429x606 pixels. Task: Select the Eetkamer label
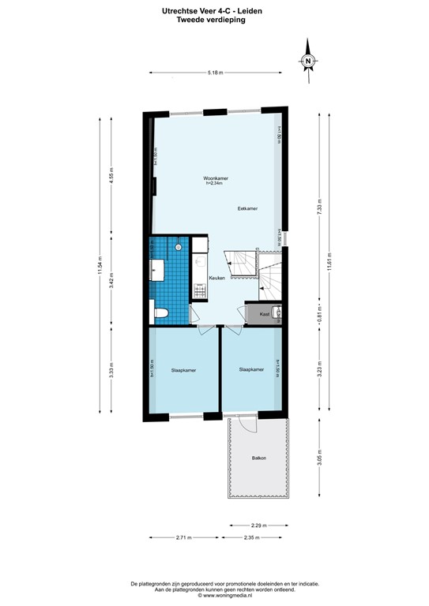coord(248,208)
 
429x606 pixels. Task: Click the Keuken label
coord(216,278)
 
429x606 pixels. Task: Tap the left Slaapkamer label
coord(183,369)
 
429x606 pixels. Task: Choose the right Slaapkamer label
coord(250,368)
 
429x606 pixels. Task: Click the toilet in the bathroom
coord(160,313)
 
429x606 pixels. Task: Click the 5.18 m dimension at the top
coord(215,74)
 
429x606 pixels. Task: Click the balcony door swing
coord(248,426)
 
